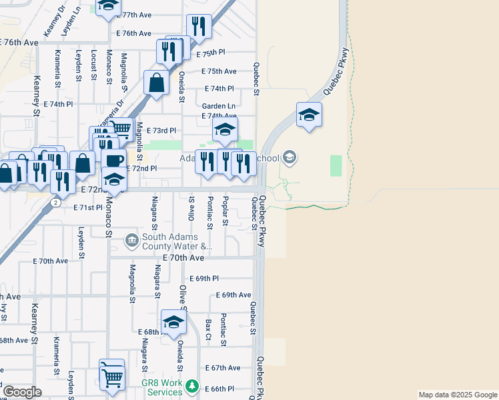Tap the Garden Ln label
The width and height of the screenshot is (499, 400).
pyautogui.click(x=219, y=106)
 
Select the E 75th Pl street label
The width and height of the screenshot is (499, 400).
pyautogui.click(x=211, y=53)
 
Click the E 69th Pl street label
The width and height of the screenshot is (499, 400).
pyautogui.click(x=204, y=278)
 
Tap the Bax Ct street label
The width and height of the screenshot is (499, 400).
pyautogui.click(x=208, y=326)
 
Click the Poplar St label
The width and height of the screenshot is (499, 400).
pyautogui.click(x=226, y=211)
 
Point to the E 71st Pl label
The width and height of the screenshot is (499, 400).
pyautogui.click(x=88, y=208)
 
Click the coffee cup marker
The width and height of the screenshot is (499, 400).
pyautogui.click(x=113, y=161)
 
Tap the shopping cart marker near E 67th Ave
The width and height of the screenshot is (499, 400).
pyautogui.click(x=111, y=375)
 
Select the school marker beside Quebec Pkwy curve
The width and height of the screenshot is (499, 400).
pyautogui.click(x=309, y=115)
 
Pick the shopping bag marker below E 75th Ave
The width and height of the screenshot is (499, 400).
pyautogui.click(x=156, y=84)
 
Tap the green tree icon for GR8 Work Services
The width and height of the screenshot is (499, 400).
pyautogui.click(x=192, y=385)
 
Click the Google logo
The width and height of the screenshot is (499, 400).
pyautogui.click(x=22, y=392)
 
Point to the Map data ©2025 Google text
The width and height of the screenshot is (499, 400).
pyautogui.click(x=458, y=395)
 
